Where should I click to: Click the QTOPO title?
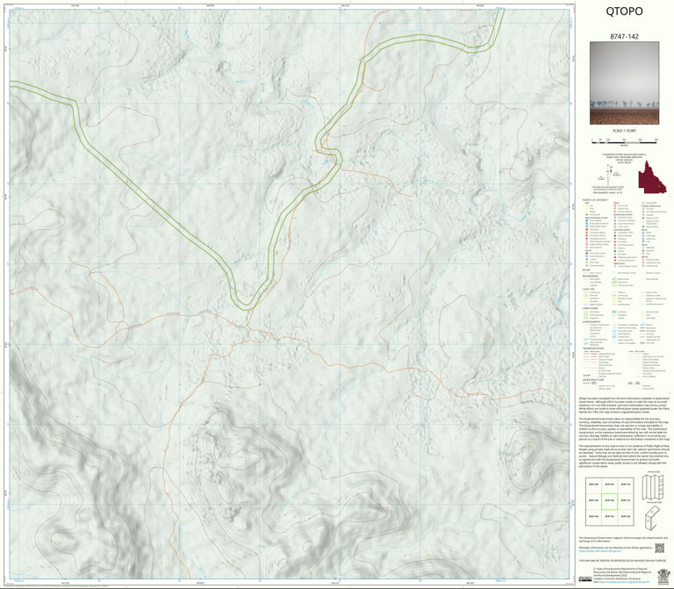(x=623, y=12)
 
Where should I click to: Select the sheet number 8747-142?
(x=623, y=39)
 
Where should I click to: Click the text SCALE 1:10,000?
(x=623, y=132)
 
